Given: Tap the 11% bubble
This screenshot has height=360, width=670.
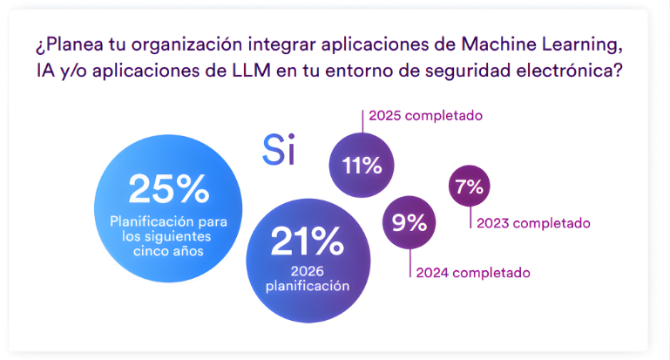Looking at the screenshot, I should tap(362, 166).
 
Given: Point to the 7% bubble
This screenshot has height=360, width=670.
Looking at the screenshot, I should tap(469, 186).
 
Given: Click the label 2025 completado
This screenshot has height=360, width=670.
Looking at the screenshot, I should tap(425, 115).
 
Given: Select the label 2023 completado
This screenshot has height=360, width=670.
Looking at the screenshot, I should tap(533, 222).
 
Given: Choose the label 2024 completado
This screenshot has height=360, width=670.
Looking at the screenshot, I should tap(472, 273).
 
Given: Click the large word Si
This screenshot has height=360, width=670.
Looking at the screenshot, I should tap(279, 150).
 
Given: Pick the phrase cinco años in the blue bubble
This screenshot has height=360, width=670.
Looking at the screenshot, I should tap(168, 251).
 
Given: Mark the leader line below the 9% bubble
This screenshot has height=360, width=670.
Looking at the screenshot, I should tap(408, 262).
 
